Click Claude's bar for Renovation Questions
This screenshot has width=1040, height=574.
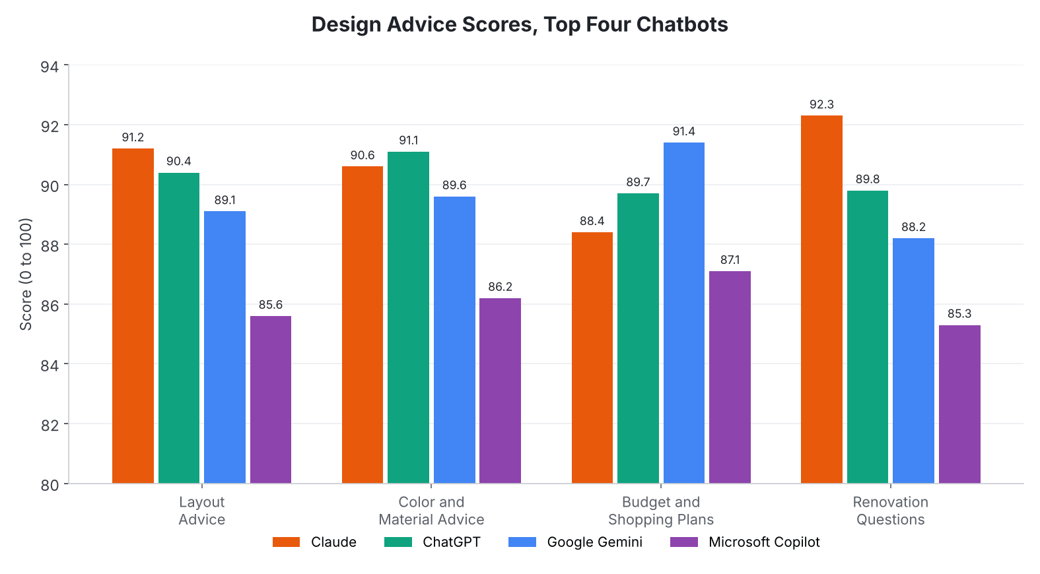pyautogui.click(x=821, y=300)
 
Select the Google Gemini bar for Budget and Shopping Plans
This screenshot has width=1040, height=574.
pyautogui.click(x=684, y=313)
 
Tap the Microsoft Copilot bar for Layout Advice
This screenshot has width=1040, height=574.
pyautogui.click(x=271, y=400)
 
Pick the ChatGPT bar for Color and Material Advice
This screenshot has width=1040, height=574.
pyautogui.click(x=408, y=317)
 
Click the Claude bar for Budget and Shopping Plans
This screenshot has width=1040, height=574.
pyautogui.click(x=592, y=358)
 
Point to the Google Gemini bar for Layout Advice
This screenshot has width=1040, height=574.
pyautogui.click(x=225, y=347)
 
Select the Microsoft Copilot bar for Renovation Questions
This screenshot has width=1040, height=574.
pyautogui.click(x=959, y=404)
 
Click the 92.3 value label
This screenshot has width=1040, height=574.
pyautogui.click(x=821, y=104)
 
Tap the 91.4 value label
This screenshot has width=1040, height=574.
pyautogui.click(x=684, y=131)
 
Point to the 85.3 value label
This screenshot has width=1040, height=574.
pyautogui.click(x=959, y=313)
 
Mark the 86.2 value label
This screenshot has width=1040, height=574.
pyautogui.click(x=500, y=287)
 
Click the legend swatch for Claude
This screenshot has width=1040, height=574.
pyautogui.click(x=286, y=542)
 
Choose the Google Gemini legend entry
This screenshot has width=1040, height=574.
pyautogui.click(x=575, y=542)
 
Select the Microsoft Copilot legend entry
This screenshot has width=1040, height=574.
pyautogui.click(x=745, y=542)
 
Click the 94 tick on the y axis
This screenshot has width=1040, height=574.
pyautogui.click(x=50, y=67)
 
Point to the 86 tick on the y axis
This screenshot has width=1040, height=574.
pyautogui.click(x=50, y=305)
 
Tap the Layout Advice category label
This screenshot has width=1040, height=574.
pyautogui.click(x=201, y=511)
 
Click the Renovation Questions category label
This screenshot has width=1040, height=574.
pyautogui.click(x=891, y=511)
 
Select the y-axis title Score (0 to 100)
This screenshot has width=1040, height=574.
pyautogui.click(x=26, y=274)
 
